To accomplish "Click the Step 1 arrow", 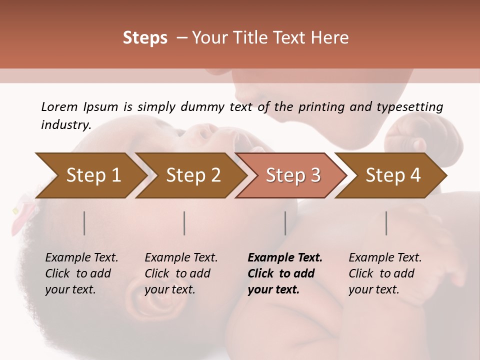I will [93, 175].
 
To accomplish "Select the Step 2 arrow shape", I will [193, 175].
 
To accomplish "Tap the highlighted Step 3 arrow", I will [293, 175].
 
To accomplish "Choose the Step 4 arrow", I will [393, 175].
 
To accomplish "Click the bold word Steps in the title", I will [145, 37].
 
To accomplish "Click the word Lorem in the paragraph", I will [59, 106].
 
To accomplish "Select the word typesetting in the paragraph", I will [412, 106].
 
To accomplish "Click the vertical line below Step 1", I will [84, 223].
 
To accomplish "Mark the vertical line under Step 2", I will [184, 223].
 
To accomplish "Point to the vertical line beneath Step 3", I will [285, 223].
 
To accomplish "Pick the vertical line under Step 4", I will [386, 223].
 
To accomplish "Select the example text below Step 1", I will [81, 273].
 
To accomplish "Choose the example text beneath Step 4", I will [385, 273].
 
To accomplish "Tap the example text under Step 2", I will [181, 273].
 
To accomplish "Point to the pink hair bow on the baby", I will [23, 212].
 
